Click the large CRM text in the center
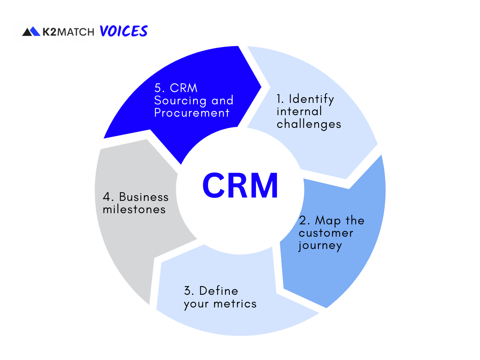click(x=240, y=185)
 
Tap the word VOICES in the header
click(x=124, y=31)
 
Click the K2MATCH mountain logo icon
click(x=31, y=32)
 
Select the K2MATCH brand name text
click(x=68, y=32)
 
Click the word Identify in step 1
click(x=311, y=99)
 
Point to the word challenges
click(x=309, y=124)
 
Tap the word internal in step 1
click(x=299, y=111)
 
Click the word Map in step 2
click(x=328, y=221)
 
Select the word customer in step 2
click(x=326, y=233)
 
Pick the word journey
click(x=320, y=246)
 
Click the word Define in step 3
click(x=218, y=291)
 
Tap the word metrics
click(x=235, y=304)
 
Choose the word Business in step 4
click(x=143, y=197)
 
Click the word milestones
click(x=134, y=209)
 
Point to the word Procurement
click(x=192, y=113)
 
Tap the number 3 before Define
click(x=188, y=291)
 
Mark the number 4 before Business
click(x=107, y=197)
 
